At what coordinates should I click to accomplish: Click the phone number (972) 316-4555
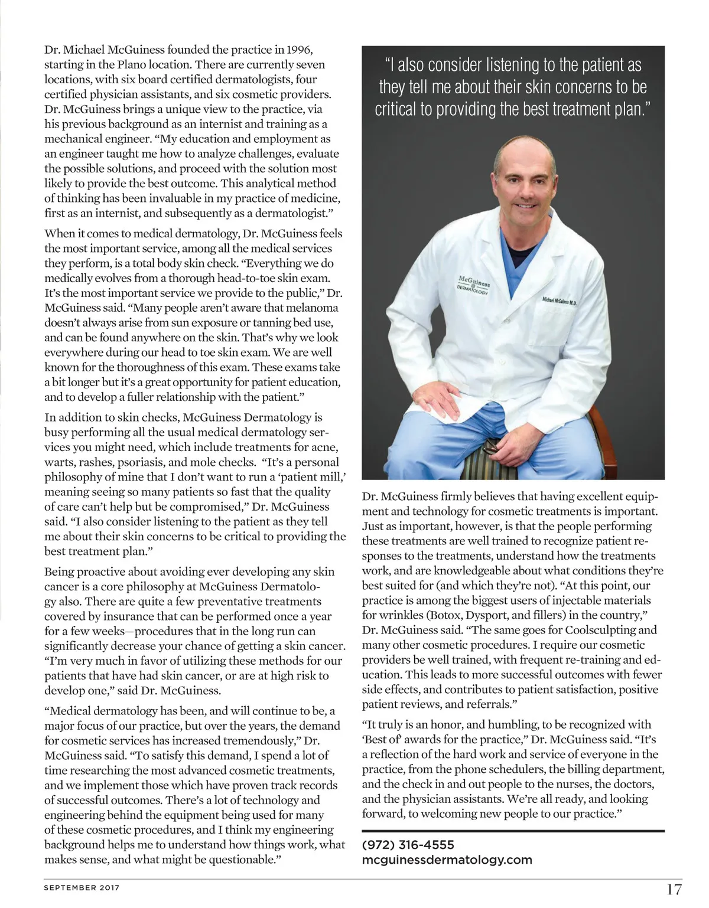(408, 845)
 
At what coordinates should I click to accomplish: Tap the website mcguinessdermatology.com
(447, 860)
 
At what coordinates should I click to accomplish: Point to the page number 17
(674, 889)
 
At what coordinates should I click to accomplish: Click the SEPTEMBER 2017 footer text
(82, 887)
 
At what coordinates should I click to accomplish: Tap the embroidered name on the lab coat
(562, 301)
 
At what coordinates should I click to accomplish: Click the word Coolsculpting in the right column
(598, 630)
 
